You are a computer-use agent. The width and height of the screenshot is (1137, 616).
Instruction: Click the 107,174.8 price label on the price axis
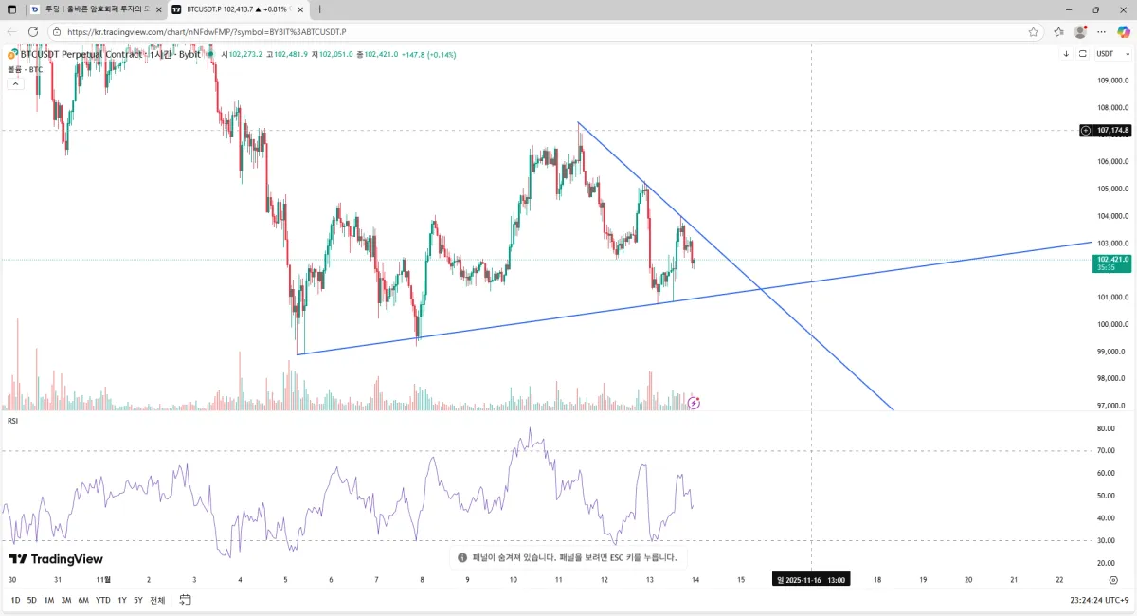[1112, 131]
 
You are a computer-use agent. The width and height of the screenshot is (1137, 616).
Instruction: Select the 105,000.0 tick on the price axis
[1111, 189]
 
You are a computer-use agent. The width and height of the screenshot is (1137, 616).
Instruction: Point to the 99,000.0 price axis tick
[1111, 352]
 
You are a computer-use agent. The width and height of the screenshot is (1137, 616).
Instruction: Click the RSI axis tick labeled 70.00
[1105, 451]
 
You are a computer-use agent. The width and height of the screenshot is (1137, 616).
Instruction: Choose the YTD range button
[102, 600]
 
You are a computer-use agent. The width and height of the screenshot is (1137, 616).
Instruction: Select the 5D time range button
[31, 600]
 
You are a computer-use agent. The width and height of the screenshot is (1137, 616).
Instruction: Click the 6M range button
[83, 600]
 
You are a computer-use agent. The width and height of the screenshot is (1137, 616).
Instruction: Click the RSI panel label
[12, 420]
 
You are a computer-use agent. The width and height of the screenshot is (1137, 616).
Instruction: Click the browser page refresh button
[33, 31]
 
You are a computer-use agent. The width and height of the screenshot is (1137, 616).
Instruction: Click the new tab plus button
[320, 9]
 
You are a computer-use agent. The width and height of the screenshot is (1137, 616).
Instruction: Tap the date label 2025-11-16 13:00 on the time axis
[811, 580]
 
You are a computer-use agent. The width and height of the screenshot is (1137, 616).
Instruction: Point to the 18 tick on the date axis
[876, 579]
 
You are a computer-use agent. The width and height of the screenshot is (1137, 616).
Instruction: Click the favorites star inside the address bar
[1033, 31]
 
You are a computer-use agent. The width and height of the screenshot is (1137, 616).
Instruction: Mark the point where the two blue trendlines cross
[761, 288]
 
